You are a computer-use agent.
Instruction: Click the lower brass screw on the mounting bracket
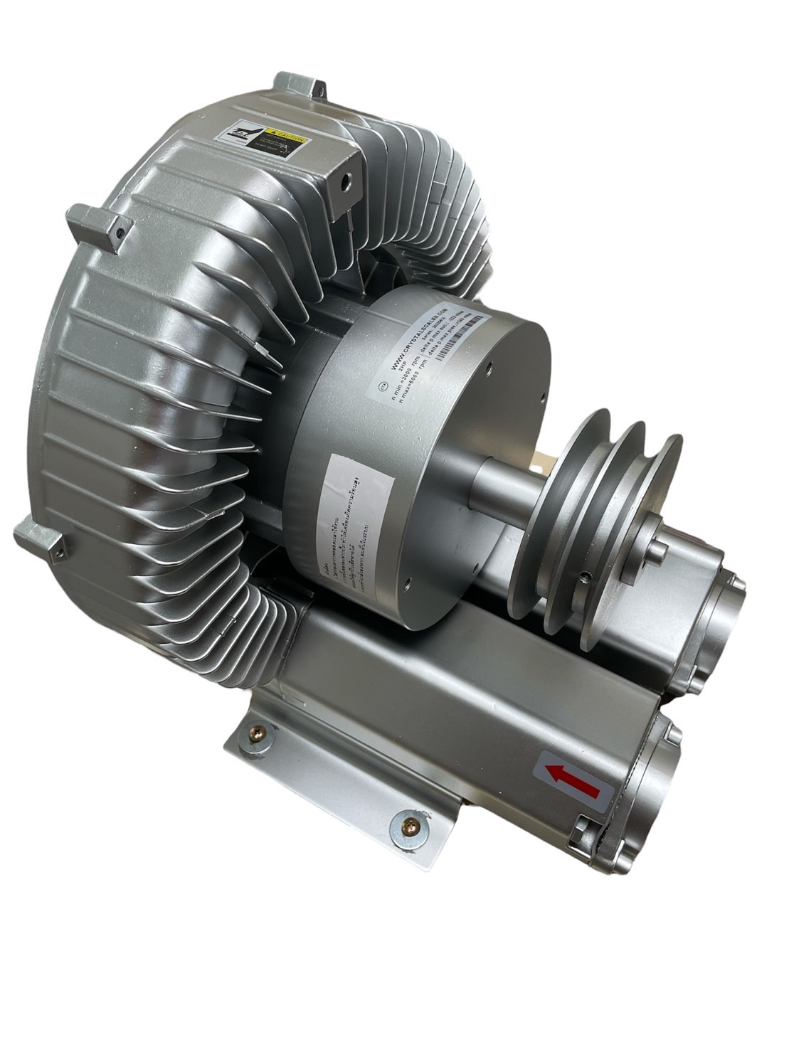pos(411,824)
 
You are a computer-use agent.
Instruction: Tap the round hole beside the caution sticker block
pos(346,181)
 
